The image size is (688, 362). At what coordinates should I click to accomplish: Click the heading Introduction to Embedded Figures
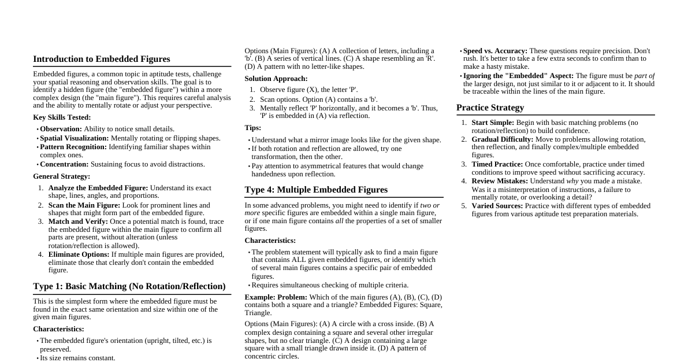[102, 59]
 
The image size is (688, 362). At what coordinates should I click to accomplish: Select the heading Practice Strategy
[490, 108]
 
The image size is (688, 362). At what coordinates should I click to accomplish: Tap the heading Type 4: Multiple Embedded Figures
[316, 190]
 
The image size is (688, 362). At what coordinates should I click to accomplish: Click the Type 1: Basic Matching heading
[129, 286]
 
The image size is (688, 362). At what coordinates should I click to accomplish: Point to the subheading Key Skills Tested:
[62, 117]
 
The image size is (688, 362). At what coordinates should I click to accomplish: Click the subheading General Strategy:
[61, 176]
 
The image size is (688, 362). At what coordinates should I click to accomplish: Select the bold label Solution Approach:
[276, 79]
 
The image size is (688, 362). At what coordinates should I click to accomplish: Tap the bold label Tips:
[252, 128]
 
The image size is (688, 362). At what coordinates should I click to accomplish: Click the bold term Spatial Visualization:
[74, 138]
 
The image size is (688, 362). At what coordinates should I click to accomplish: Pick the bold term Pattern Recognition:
[73, 147]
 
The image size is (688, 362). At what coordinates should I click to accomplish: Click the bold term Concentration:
[64, 164]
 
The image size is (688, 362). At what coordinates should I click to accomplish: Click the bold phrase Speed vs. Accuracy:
[495, 51]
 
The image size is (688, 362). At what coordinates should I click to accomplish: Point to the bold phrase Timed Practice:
[497, 164]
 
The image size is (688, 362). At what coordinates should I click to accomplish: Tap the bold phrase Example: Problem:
[276, 297]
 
